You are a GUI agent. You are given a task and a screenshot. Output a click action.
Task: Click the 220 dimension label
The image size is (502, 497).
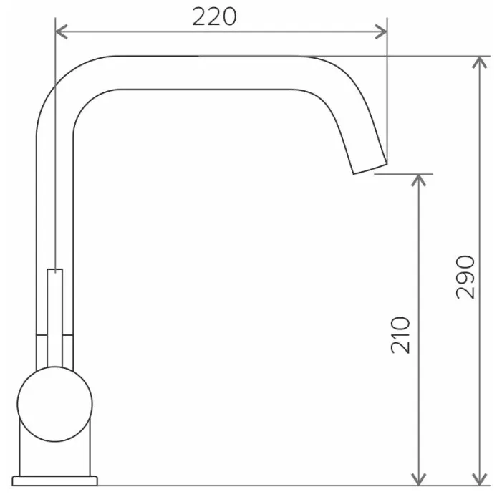(214, 16)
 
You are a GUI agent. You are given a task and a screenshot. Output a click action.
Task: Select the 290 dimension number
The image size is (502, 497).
(465, 277)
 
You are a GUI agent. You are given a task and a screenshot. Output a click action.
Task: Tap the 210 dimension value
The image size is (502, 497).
(400, 335)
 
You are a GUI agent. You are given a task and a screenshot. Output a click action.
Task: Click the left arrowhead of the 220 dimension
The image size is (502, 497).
(62, 32)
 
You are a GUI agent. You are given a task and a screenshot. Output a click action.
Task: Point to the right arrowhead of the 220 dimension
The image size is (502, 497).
(381, 32)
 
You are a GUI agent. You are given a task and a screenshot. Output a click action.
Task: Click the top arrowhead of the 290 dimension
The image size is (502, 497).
(479, 62)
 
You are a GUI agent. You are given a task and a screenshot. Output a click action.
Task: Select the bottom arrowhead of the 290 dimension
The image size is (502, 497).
(479, 479)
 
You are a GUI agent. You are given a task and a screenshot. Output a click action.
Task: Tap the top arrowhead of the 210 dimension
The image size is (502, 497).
(418, 180)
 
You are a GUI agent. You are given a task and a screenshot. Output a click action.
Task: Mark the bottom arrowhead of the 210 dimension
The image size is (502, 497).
(418, 479)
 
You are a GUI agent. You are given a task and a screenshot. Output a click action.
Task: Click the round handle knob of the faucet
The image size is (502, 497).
(54, 404)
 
